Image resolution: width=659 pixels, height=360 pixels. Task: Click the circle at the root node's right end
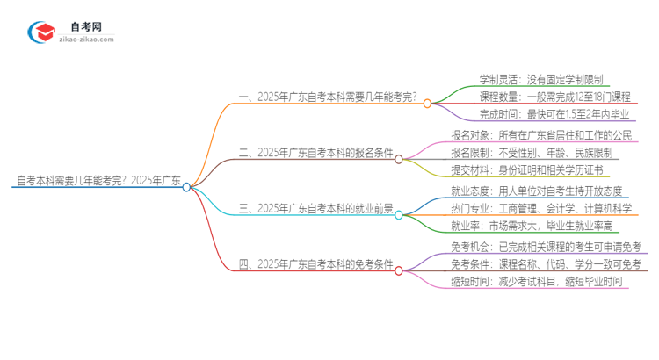[x=186, y=186]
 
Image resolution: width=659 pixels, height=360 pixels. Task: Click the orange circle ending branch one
[x=427, y=103]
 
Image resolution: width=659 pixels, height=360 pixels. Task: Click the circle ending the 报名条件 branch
[x=399, y=159]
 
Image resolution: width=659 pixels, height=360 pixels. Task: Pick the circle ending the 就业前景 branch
[x=399, y=214]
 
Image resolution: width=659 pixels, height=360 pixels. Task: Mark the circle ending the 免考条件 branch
[x=399, y=270]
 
